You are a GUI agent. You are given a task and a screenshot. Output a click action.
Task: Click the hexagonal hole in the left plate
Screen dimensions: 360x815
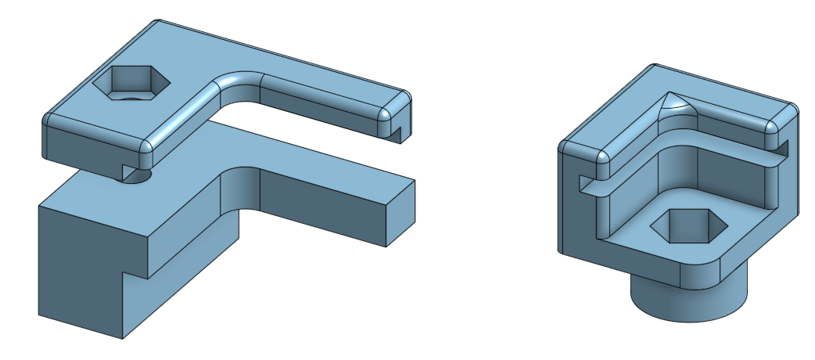click(x=131, y=81)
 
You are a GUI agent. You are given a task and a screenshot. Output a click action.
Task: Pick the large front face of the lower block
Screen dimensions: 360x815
click(x=78, y=266)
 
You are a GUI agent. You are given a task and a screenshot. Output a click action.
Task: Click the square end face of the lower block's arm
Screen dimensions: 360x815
click(x=400, y=215)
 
